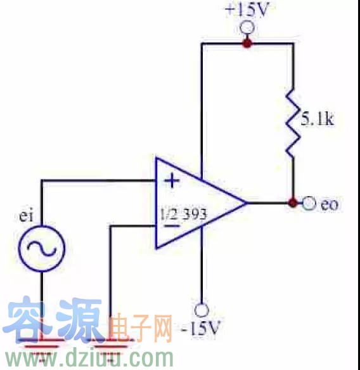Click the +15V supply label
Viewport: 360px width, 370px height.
[247, 10]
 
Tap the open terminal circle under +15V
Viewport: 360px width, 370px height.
[247, 28]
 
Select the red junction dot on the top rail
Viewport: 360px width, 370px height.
[247, 43]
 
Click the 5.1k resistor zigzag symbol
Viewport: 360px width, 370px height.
[293, 123]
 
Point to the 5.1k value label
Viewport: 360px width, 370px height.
[318, 119]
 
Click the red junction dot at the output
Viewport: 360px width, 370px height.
[293, 202]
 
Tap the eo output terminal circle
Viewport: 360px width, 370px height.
[309, 202]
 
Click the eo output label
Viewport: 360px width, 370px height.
[330, 204]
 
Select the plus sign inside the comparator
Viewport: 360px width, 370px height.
[172, 181]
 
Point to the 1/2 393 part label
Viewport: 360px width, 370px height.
[184, 215]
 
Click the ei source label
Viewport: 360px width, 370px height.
[26, 216]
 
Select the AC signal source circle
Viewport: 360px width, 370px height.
[41, 249]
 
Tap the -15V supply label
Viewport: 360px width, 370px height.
[201, 328]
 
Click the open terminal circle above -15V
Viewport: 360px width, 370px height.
[202, 310]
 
